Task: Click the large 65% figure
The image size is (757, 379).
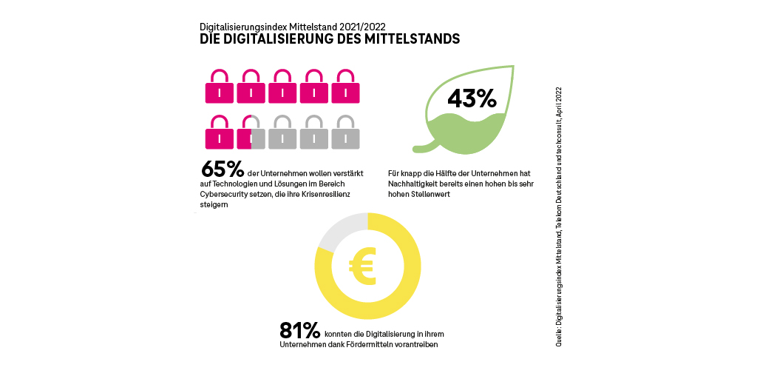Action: click(x=223, y=170)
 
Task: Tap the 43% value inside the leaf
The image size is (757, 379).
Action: click(x=471, y=98)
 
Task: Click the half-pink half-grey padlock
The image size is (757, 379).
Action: click(x=251, y=133)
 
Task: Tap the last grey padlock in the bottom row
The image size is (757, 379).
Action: click(x=346, y=133)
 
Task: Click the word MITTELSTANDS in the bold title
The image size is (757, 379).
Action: click(x=410, y=39)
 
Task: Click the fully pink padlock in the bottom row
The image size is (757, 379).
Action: click(x=219, y=133)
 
